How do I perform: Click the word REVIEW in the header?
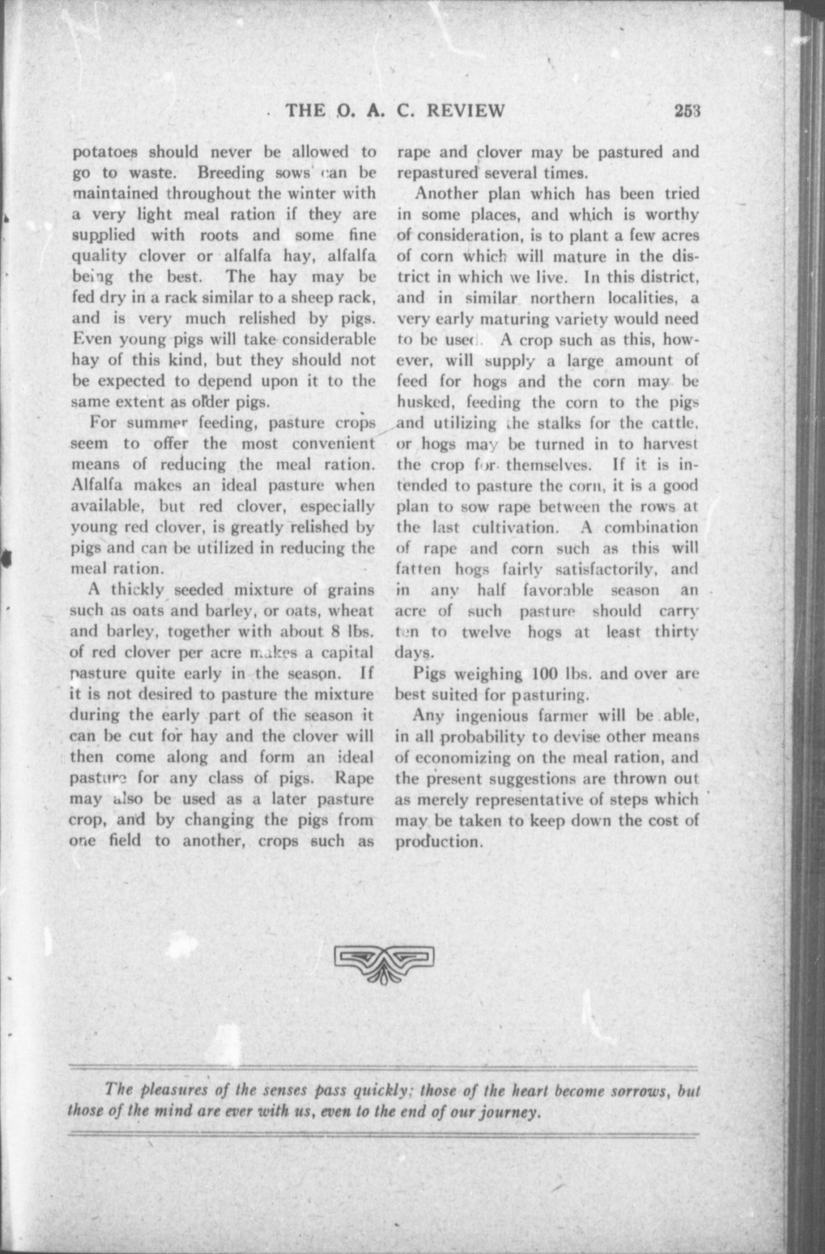(466, 109)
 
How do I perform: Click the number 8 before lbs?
(338, 631)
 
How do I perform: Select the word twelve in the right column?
(486, 632)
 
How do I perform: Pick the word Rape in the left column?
(354, 778)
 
